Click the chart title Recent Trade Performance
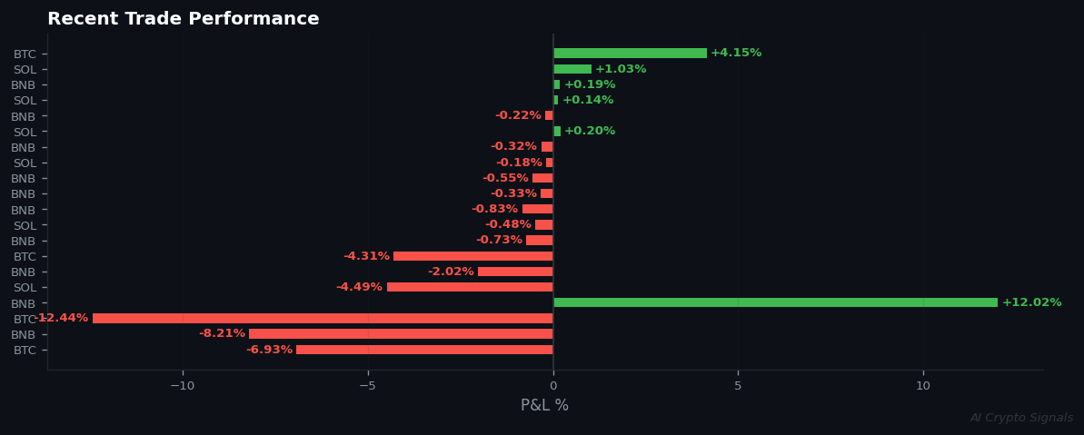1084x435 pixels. [183, 19]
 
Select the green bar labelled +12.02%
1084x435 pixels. [775, 302]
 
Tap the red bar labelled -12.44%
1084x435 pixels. [323, 319]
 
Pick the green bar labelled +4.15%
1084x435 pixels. [630, 54]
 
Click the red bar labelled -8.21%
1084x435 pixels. [401, 334]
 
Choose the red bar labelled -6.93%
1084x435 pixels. [424, 350]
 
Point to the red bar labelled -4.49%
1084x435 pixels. [470, 287]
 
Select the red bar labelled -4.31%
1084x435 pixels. [472, 256]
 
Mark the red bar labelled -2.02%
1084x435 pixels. [515, 272]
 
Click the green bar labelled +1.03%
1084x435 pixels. [572, 69]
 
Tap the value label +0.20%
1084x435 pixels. [590, 131]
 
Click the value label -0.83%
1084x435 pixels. [494, 209]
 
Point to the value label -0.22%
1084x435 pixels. [518, 115]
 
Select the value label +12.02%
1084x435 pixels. [1031, 302]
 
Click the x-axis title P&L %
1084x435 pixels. [544, 405]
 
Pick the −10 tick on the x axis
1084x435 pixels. [182, 386]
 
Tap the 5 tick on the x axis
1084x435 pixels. [738, 386]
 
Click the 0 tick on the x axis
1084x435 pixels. [552, 386]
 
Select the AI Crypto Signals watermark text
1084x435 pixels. [1021, 418]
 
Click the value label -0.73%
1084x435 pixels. [499, 240]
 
